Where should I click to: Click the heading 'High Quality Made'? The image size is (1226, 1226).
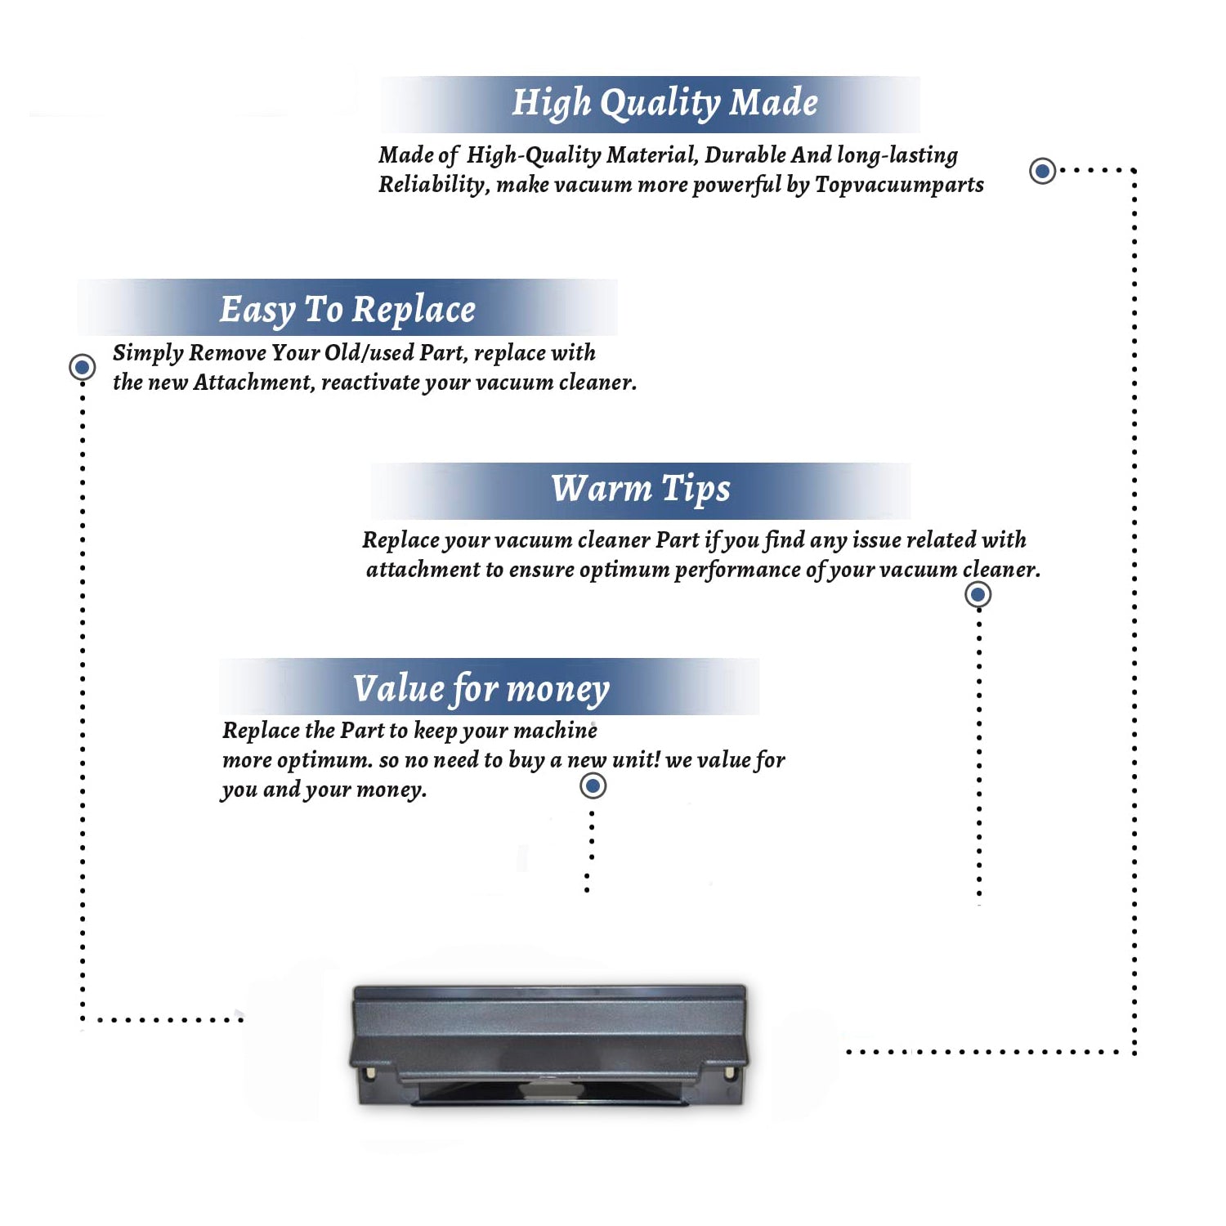[664, 104]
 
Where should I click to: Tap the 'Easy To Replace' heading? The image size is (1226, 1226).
[347, 311]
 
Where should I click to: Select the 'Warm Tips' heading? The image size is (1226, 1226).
[640, 490]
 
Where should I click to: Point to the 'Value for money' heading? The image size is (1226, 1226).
[481, 689]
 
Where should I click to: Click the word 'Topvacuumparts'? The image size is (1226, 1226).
[899, 186]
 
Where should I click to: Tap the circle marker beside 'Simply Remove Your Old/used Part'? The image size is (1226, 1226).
[82, 367]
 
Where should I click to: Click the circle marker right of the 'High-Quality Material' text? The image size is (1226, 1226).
[1042, 171]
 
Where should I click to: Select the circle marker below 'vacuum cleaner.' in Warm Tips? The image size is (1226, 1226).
[978, 594]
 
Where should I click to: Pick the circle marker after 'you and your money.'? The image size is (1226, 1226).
[593, 786]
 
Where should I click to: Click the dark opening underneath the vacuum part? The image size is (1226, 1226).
[549, 1093]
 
